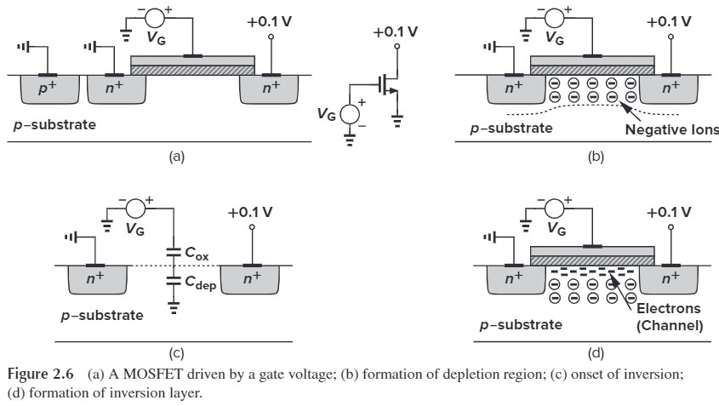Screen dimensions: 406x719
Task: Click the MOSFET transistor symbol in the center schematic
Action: coord(388,85)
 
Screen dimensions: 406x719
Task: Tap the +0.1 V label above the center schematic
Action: coord(395,32)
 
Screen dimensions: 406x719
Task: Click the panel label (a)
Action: coord(177,157)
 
